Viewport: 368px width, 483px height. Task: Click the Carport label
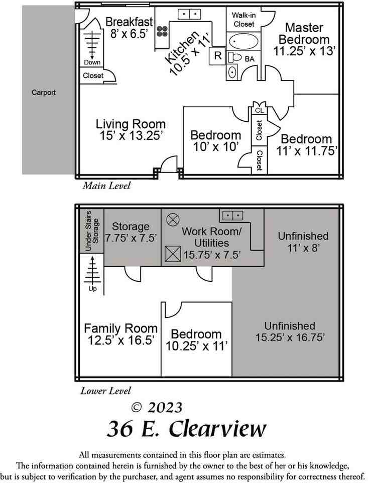[x=44, y=93]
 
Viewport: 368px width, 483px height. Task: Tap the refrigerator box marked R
[x=217, y=55]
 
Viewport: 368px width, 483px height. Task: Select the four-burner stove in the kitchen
[x=163, y=32]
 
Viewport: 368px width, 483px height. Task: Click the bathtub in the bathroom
[x=243, y=41]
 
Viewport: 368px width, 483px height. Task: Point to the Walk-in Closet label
[x=243, y=19]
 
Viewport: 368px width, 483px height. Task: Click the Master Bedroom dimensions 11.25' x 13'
[x=304, y=51]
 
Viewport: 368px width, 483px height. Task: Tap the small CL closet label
[x=259, y=110]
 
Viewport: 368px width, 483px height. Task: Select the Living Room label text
[x=131, y=124]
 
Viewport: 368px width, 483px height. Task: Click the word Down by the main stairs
[x=92, y=62]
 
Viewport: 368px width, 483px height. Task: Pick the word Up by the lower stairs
[x=92, y=289]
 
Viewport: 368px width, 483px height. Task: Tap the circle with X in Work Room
[x=172, y=219]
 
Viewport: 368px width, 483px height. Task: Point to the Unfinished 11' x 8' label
[x=303, y=242]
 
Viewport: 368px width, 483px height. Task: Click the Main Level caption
[x=106, y=186]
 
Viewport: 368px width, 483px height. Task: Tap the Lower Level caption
[x=106, y=391]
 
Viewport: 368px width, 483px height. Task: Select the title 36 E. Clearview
[x=186, y=429]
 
